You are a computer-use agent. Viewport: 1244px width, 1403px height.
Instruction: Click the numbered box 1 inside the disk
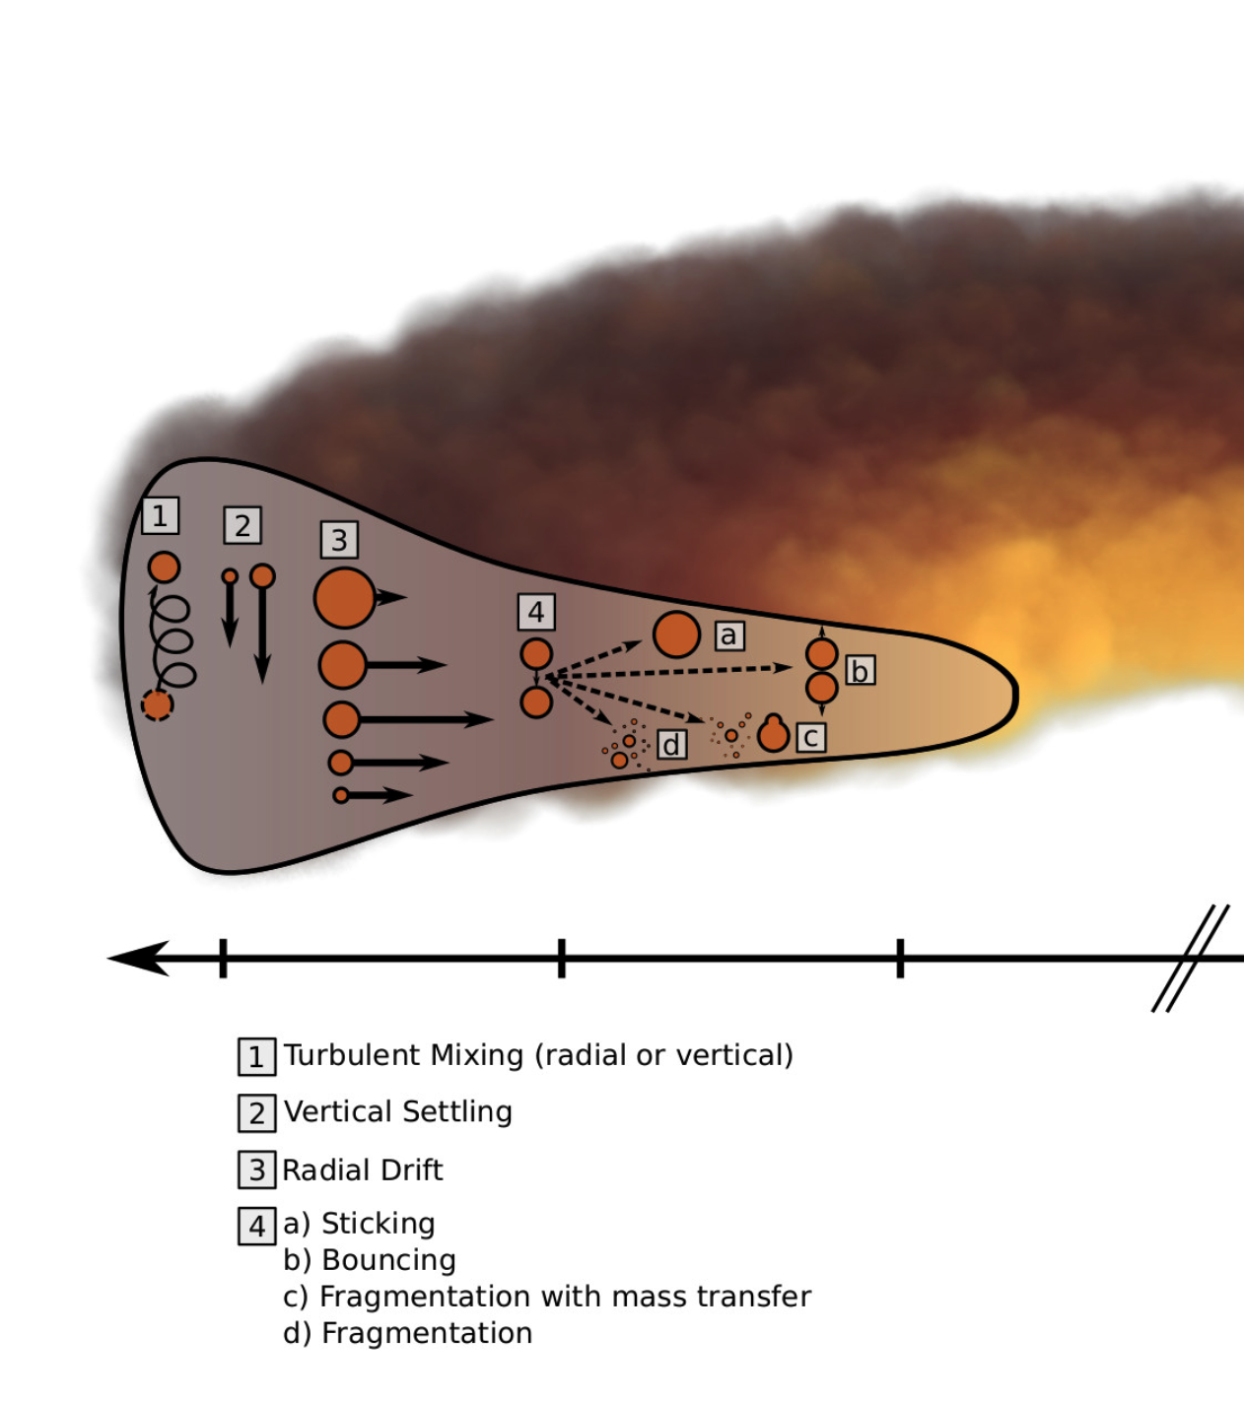(x=160, y=515)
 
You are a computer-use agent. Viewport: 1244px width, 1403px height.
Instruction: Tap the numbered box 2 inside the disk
(x=242, y=525)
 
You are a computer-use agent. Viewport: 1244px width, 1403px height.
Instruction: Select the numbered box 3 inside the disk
(x=338, y=539)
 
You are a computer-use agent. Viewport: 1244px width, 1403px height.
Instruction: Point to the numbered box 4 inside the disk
(x=536, y=612)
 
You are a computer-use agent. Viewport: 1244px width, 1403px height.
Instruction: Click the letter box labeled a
(x=728, y=635)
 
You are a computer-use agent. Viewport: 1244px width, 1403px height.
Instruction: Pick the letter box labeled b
(x=860, y=671)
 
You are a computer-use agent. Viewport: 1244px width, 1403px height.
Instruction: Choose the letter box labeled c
(x=810, y=737)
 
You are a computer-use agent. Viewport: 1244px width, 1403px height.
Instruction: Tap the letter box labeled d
(x=671, y=744)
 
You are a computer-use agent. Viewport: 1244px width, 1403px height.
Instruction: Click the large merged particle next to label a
(x=676, y=635)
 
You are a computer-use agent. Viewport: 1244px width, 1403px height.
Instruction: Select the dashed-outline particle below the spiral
(x=157, y=704)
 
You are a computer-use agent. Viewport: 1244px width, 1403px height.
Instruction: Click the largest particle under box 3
(x=344, y=597)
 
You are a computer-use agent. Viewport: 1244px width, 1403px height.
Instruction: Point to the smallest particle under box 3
(x=341, y=795)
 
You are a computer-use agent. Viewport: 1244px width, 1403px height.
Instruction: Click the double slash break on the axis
(x=1190, y=958)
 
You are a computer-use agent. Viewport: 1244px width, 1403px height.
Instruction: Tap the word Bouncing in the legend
(x=388, y=1260)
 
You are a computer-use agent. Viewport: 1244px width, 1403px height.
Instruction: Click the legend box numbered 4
(x=256, y=1226)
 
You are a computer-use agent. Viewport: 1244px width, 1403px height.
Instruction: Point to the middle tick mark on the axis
(x=562, y=958)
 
